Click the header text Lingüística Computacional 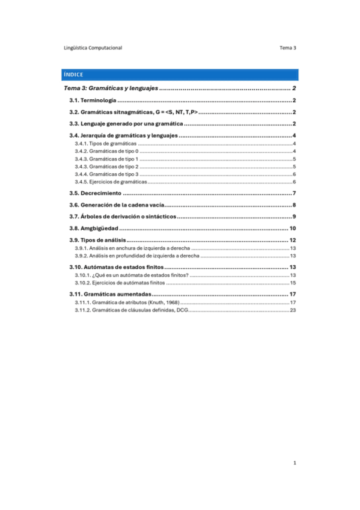pos(93,48)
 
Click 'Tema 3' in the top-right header pos(288,48)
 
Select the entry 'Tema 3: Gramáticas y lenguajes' pos(108,89)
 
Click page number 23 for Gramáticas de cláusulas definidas pos(293,310)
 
